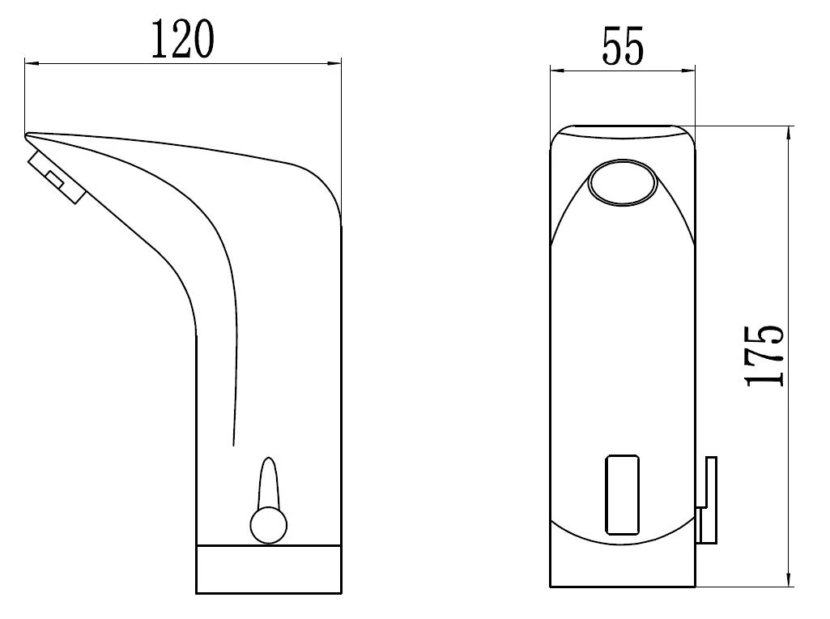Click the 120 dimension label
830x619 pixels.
(183, 39)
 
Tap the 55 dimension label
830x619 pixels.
(623, 47)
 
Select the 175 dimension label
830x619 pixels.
(764, 356)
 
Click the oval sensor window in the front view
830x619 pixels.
(623, 183)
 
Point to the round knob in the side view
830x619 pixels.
(268, 525)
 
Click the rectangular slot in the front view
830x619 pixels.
(622, 494)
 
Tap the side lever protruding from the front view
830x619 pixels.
(707, 500)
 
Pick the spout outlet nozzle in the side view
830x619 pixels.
(57, 177)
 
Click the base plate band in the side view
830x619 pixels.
(269, 570)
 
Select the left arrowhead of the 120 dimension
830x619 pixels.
(32, 64)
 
